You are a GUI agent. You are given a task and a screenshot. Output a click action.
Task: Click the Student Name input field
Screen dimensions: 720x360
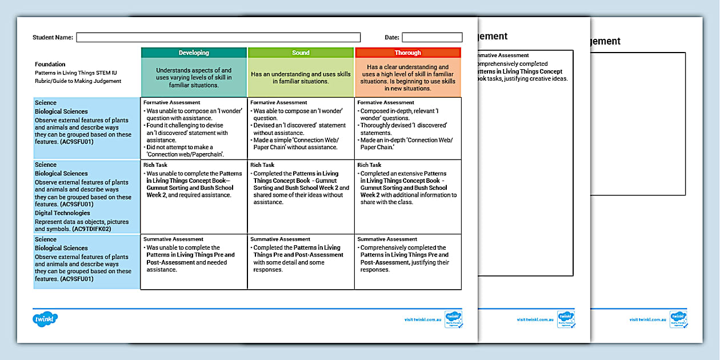pyautogui.click(x=218, y=38)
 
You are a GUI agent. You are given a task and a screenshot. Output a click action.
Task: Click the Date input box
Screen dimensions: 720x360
pyautogui.click(x=432, y=38)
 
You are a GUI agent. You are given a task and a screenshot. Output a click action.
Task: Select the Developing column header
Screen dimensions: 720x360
pyautogui.click(x=194, y=53)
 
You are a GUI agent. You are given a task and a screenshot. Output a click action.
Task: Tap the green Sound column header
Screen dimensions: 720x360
pyautogui.click(x=301, y=53)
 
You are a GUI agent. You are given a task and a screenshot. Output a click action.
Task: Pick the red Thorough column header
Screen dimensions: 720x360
pyautogui.click(x=407, y=53)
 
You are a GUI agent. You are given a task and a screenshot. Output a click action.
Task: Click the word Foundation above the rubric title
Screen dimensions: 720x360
pyautogui.click(x=50, y=65)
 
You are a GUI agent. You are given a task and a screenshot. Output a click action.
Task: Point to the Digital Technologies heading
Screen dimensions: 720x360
pyautogui.click(x=63, y=213)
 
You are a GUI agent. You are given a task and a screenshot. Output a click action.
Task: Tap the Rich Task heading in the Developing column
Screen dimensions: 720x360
pyautogui.click(x=154, y=165)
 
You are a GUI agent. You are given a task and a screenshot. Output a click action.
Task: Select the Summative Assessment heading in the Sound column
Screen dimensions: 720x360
pyautogui.click(x=280, y=239)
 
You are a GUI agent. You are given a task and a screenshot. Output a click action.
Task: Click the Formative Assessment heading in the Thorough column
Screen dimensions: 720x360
pyautogui.click(x=387, y=103)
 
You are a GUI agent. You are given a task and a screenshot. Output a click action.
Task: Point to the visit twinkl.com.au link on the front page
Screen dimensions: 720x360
pyautogui.click(x=423, y=320)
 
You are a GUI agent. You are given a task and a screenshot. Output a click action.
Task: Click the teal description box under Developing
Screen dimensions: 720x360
pyautogui.click(x=194, y=78)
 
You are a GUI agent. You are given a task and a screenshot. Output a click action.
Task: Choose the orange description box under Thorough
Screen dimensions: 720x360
pyautogui.click(x=407, y=78)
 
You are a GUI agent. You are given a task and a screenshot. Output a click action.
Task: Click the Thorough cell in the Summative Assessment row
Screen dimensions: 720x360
pyautogui.click(x=407, y=261)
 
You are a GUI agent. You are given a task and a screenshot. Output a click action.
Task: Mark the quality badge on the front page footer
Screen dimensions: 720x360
pyautogui.click(x=454, y=319)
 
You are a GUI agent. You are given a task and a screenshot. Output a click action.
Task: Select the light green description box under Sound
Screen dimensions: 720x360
pyautogui.click(x=301, y=78)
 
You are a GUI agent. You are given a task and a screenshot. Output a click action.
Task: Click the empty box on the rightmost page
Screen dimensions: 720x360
pyautogui.click(x=638, y=123)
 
